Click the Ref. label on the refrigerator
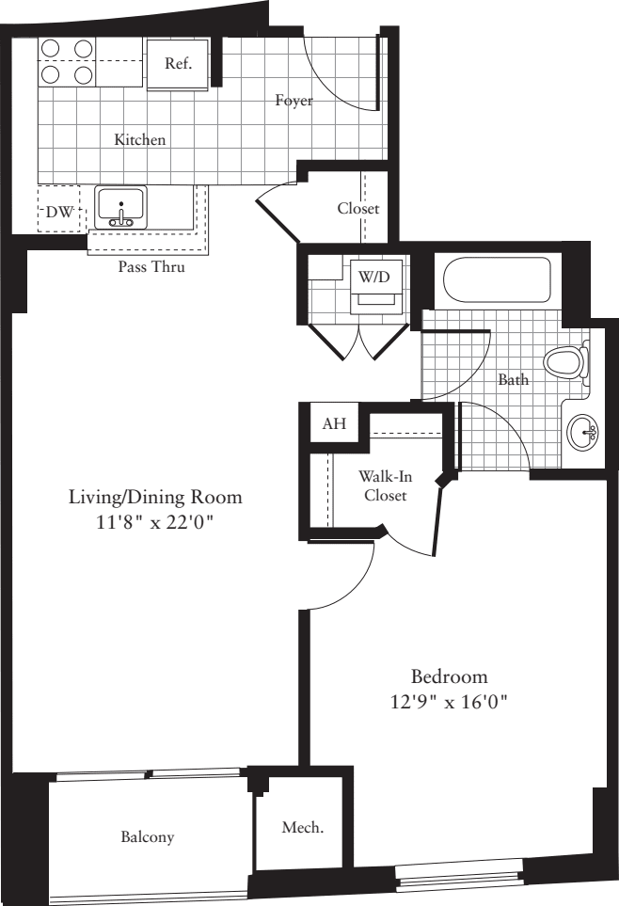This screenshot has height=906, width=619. [x=178, y=64]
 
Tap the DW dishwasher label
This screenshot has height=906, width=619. [x=58, y=214]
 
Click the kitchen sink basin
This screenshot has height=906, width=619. [x=120, y=203]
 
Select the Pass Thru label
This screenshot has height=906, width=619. [x=151, y=267]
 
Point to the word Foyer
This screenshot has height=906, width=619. [x=294, y=100]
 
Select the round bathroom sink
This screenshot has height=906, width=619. [x=583, y=433]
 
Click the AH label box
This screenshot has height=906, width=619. [x=334, y=424]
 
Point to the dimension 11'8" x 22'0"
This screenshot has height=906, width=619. [x=155, y=523]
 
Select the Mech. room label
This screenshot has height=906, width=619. [x=303, y=829]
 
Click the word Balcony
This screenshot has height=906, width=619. [x=147, y=836]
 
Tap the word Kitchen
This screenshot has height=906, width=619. [x=140, y=140]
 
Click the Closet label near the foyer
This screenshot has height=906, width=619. [x=358, y=208]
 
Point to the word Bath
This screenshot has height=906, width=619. [x=513, y=380]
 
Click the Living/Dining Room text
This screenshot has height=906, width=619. [x=155, y=497]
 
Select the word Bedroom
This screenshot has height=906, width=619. [x=449, y=676]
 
